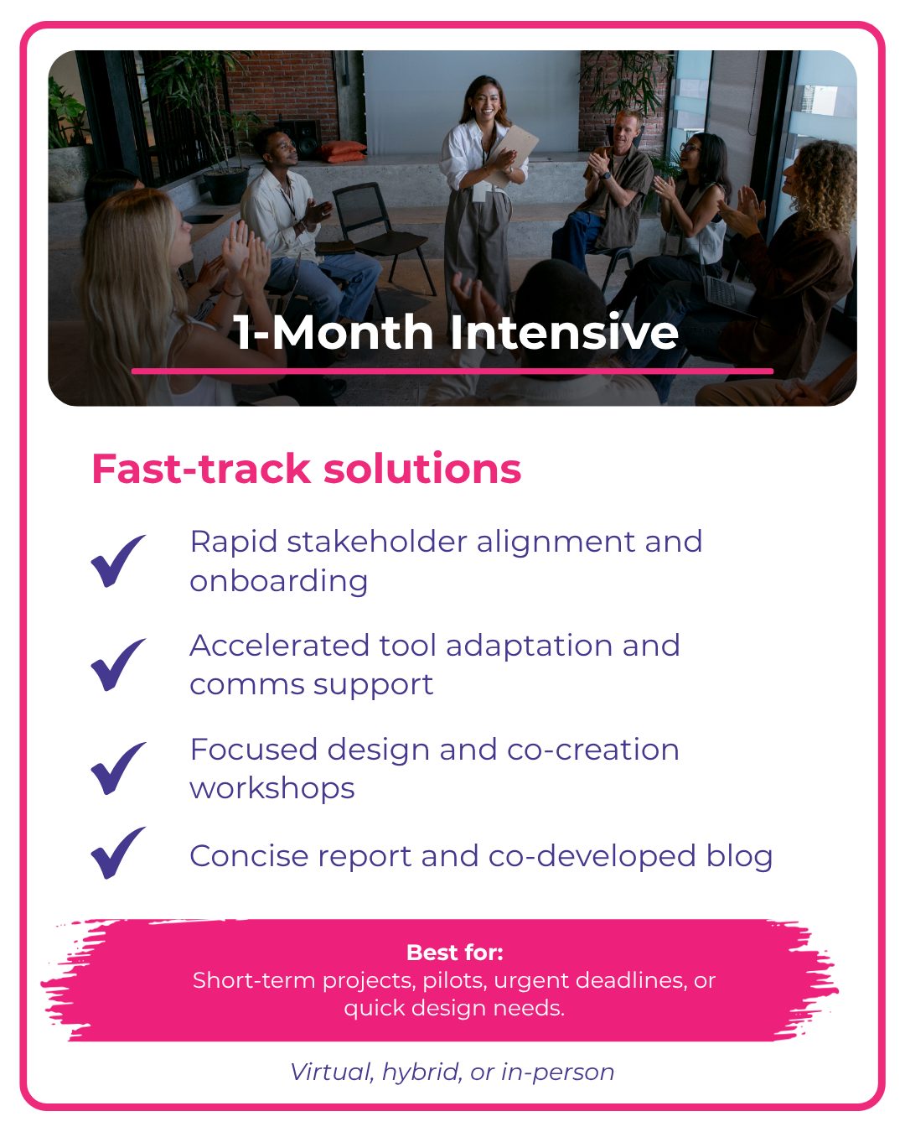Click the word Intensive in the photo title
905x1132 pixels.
coord(564,331)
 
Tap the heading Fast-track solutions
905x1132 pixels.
coord(307,469)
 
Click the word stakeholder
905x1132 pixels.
coord(376,542)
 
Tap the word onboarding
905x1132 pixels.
coord(279,582)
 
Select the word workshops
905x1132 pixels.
coord(272,788)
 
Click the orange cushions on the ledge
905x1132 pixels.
coord(343,152)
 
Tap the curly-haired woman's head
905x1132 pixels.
coord(820,180)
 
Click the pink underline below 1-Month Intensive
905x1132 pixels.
coord(452,371)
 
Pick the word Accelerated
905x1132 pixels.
coord(279,645)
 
